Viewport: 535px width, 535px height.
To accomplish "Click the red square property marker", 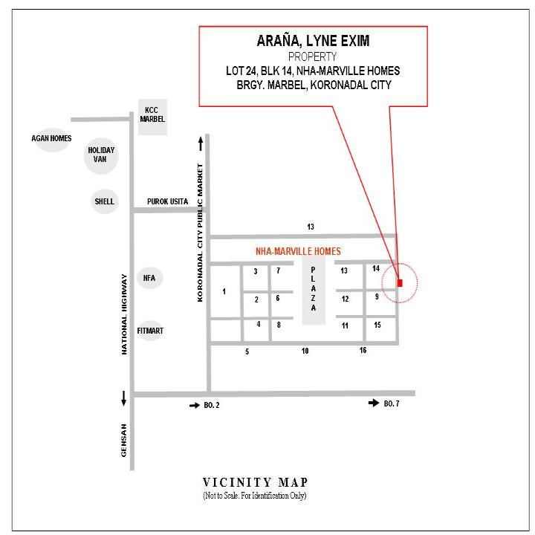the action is pyautogui.click(x=400, y=283).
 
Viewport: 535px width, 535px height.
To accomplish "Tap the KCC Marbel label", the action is pyautogui.click(x=152, y=114).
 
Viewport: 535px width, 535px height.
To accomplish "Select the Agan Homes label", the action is pyautogui.click(x=51, y=138).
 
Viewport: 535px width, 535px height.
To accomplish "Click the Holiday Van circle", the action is pyautogui.click(x=101, y=155).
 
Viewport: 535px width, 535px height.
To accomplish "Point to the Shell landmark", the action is pyautogui.click(x=105, y=201).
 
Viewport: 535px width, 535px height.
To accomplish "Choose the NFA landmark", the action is pyautogui.click(x=149, y=278).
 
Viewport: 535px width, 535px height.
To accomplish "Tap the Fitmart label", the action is pyautogui.click(x=150, y=331).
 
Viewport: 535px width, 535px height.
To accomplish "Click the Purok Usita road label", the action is pyautogui.click(x=167, y=201).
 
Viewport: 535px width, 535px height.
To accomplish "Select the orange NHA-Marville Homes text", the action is pyautogui.click(x=298, y=251).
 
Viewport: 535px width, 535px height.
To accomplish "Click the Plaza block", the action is pyautogui.click(x=314, y=289).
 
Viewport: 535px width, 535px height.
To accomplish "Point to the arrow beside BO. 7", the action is pyautogui.click(x=374, y=403).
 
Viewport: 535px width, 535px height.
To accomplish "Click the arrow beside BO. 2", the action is pyautogui.click(x=195, y=406).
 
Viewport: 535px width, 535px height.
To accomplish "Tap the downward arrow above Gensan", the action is pyautogui.click(x=123, y=398).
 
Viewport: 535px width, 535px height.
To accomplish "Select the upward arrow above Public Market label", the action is pyautogui.click(x=201, y=143).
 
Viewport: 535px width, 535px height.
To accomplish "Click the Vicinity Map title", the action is pyautogui.click(x=255, y=482).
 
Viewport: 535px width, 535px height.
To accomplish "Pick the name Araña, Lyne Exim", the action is pyautogui.click(x=313, y=41).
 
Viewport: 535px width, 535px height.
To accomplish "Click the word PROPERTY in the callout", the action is pyautogui.click(x=313, y=56).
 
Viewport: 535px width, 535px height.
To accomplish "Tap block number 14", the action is pyautogui.click(x=376, y=268).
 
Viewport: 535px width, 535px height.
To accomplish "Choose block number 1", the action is pyautogui.click(x=224, y=291).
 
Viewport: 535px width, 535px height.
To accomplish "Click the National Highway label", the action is pyautogui.click(x=124, y=314).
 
